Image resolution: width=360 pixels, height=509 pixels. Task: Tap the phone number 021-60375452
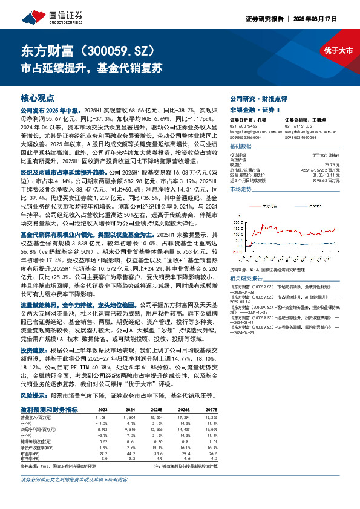(x=243, y=126)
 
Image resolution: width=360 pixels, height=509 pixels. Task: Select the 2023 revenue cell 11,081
(x=100, y=417)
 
